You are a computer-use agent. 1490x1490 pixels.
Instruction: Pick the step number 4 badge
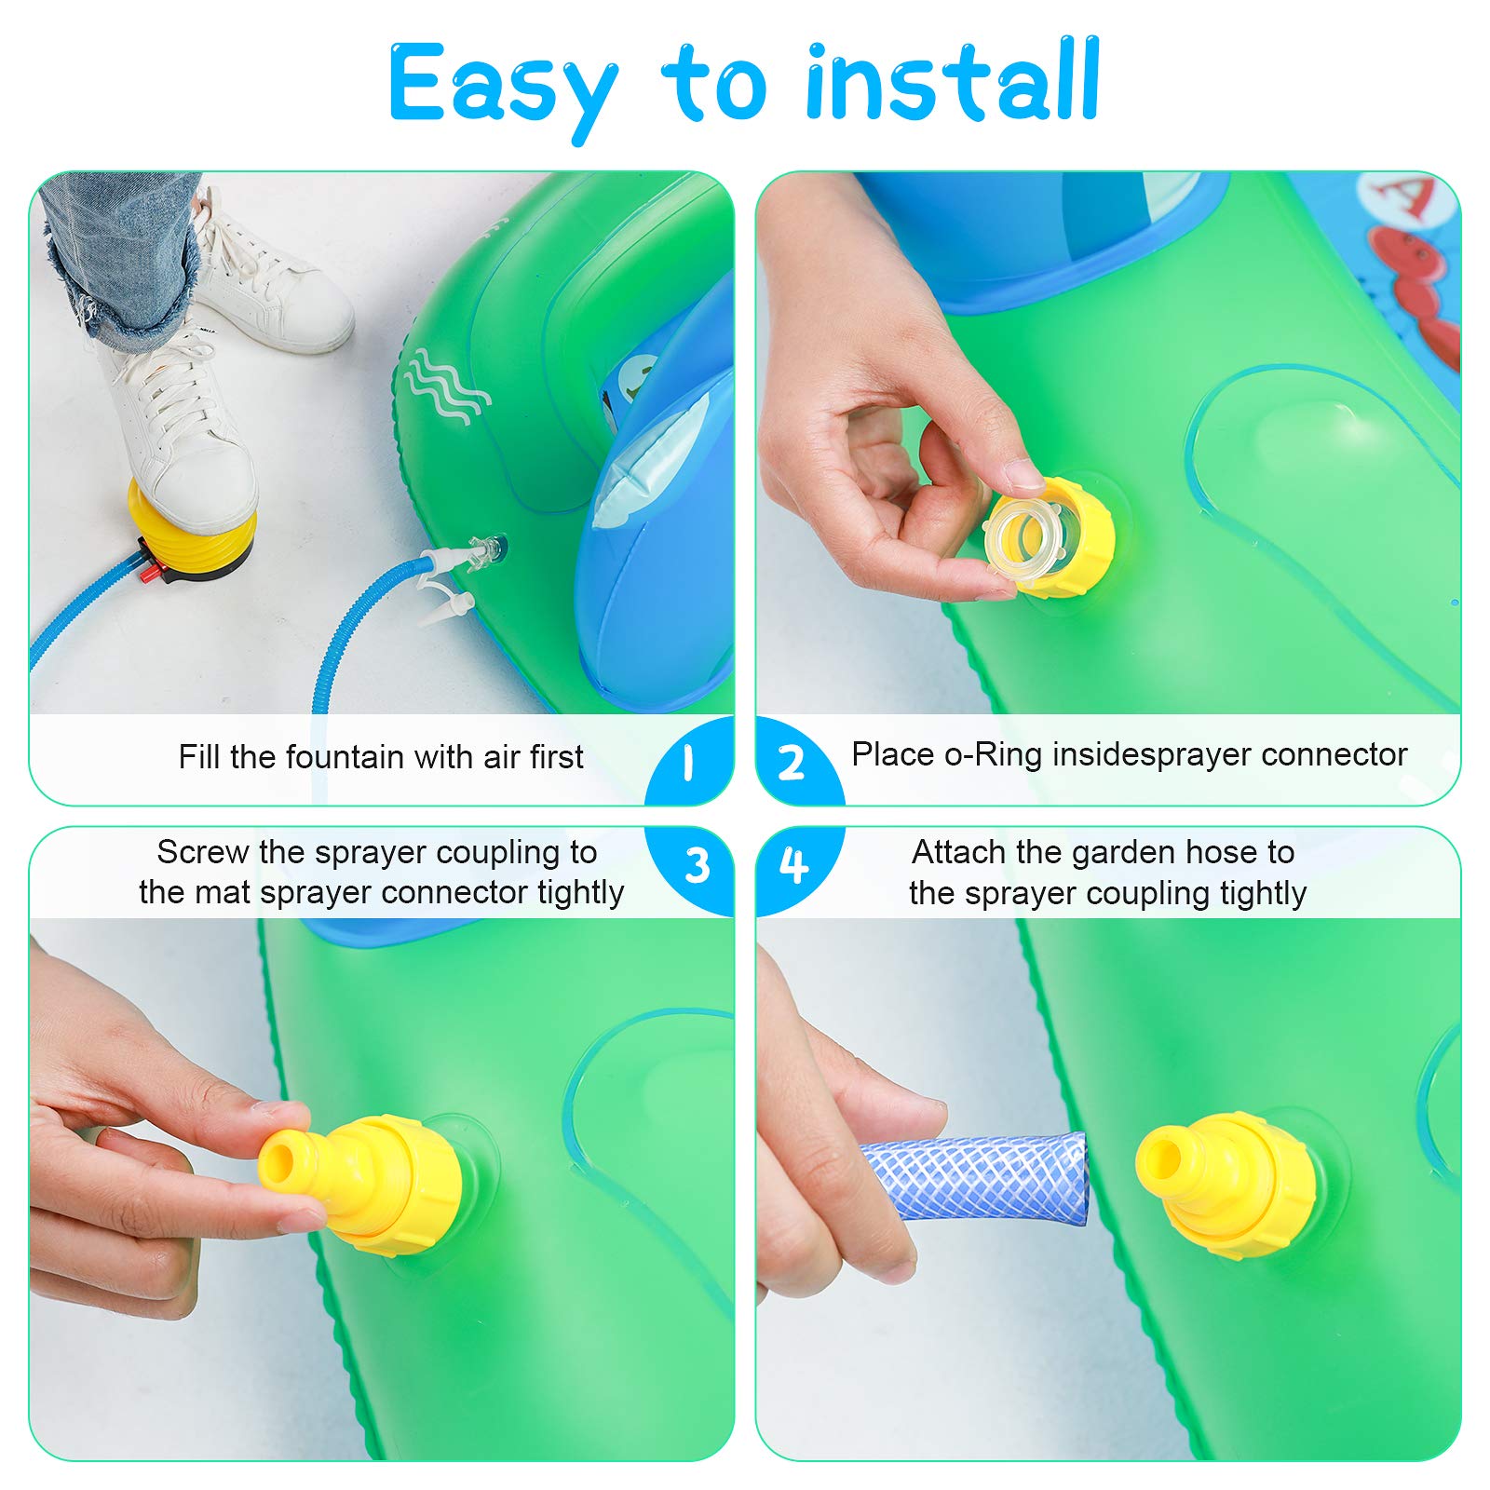[793, 865]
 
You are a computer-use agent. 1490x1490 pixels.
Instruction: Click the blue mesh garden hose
[973, 1181]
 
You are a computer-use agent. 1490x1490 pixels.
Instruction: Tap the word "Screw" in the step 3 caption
[203, 852]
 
